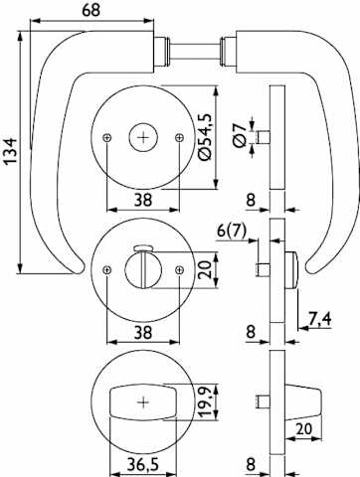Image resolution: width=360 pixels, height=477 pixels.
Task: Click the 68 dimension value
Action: (x=90, y=10)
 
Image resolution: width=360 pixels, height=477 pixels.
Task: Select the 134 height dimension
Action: (x=10, y=151)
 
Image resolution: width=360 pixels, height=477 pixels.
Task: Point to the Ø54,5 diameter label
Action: (x=205, y=137)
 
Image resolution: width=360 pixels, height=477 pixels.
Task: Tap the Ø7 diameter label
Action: (x=240, y=136)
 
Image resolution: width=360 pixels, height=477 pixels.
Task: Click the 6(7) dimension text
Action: (x=232, y=231)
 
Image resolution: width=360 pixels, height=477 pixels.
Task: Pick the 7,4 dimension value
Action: (x=320, y=319)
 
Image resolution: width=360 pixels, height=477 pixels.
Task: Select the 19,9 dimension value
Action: (x=205, y=401)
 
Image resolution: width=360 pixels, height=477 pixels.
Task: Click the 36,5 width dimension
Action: (x=143, y=464)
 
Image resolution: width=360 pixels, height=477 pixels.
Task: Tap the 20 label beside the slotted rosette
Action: (x=205, y=269)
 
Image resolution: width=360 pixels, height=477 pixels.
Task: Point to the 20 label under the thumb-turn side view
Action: (x=303, y=429)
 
